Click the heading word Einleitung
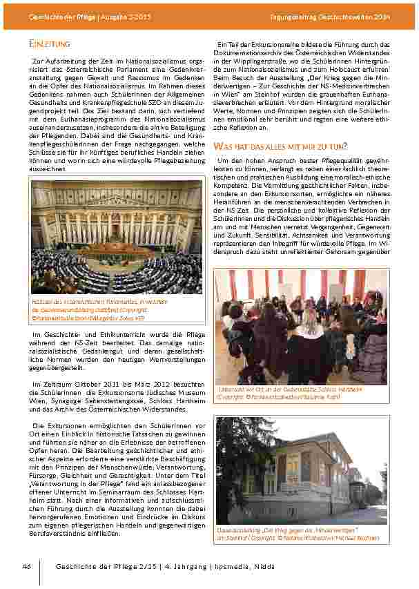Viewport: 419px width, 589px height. [x=50, y=44]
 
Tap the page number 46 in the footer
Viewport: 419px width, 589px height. [x=27, y=566]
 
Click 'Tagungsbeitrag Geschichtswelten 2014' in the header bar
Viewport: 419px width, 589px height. [x=340, y=15]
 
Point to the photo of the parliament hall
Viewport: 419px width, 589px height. [x=117, y=237]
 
